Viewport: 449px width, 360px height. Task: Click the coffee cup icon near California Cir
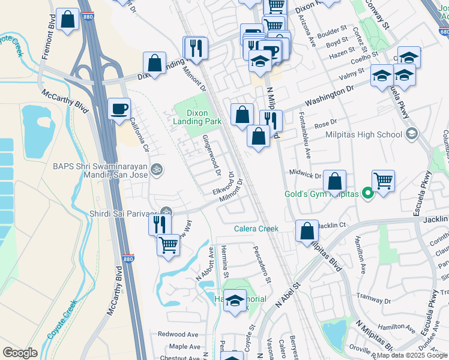click(119, 109)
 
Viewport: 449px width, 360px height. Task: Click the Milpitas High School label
click(363, 134)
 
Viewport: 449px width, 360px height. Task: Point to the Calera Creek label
click(256, 229)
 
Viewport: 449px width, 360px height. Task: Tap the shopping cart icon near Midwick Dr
click(382, 179)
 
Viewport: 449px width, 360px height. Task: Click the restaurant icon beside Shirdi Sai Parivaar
click(158, 224)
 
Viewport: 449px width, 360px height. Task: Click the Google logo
click(20, 353)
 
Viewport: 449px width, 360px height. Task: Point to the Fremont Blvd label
click(49, 41)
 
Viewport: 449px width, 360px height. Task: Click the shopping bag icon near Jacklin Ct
click(307, 230)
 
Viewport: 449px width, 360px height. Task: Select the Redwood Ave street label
click(178, 334)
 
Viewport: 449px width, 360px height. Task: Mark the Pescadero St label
click(262, 265)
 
